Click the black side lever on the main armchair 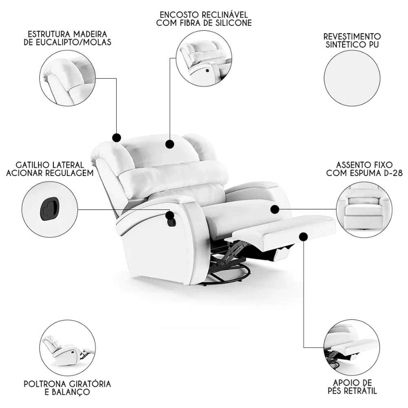pos(170,221)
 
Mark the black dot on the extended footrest pos(303,236)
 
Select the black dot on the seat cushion pos(275,209)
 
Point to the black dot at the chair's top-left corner pos(116,137)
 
